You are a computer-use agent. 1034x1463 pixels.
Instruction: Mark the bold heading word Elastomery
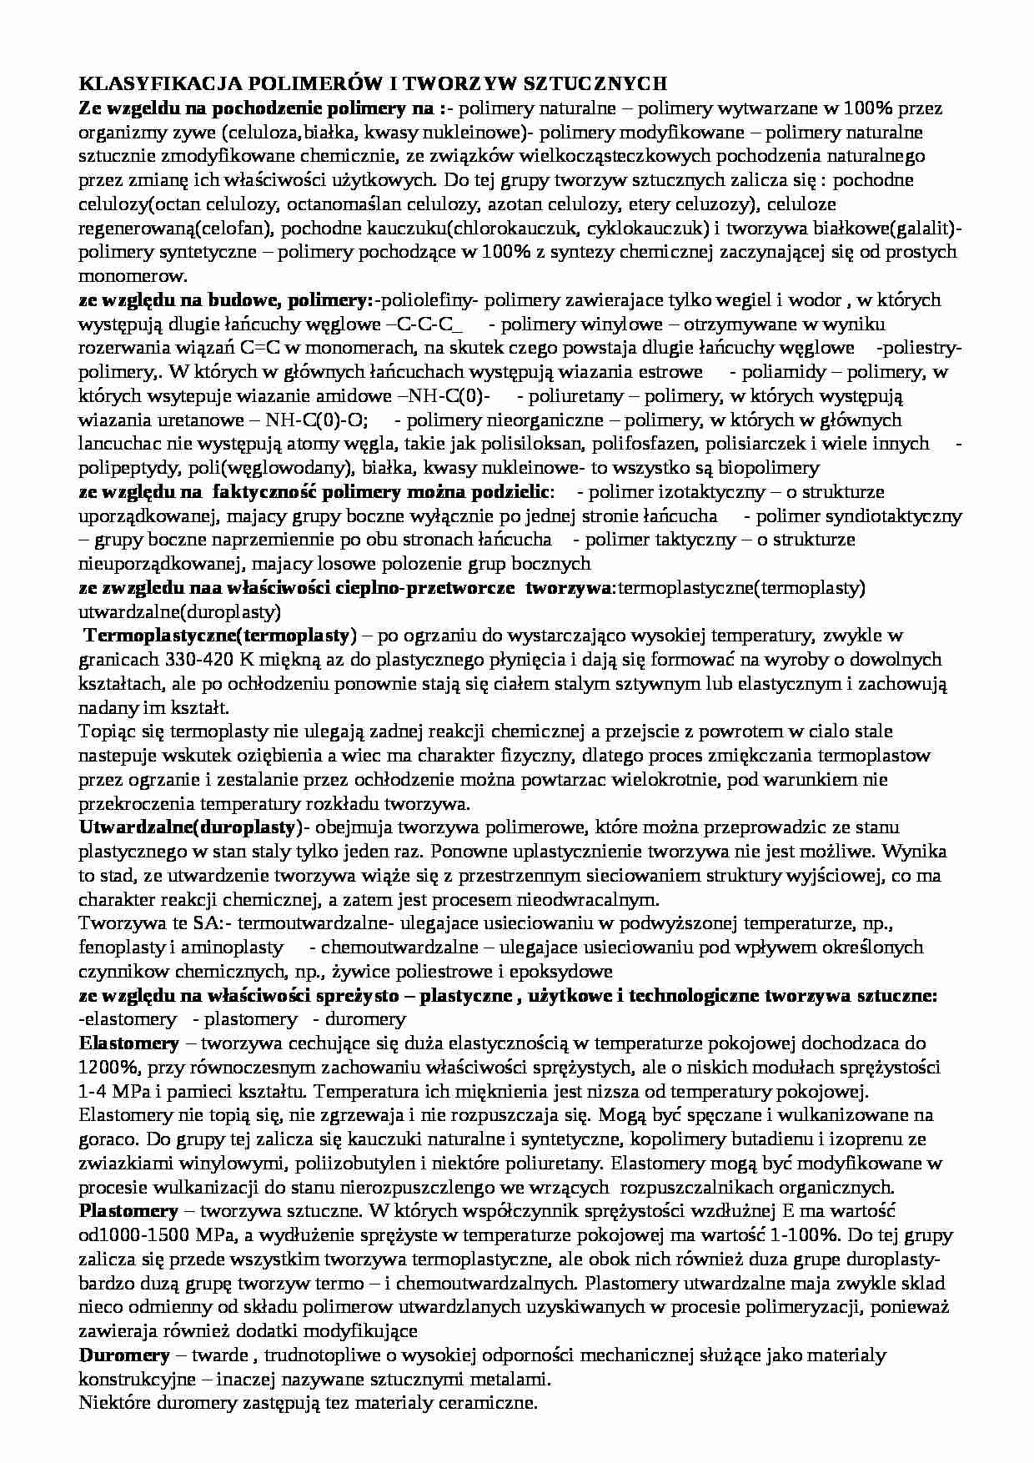coord(128,1043)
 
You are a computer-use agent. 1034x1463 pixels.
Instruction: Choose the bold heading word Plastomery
coord(128,1211)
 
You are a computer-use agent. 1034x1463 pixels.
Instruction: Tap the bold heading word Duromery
coord(124,1356)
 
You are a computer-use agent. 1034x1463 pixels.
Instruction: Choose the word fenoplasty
coord(118,948)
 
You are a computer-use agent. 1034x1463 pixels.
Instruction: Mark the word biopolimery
coord(773,468)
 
